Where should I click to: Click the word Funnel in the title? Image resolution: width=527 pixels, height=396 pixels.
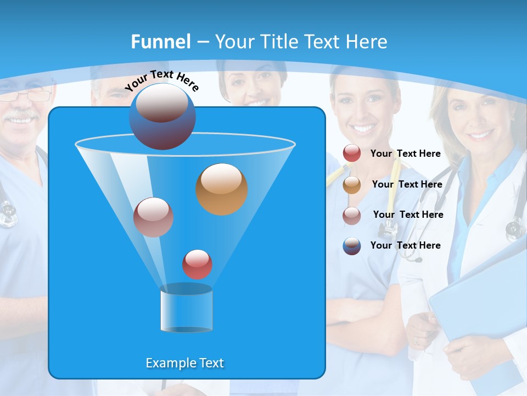(160, 42)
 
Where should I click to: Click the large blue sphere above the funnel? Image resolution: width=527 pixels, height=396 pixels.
(162, 117)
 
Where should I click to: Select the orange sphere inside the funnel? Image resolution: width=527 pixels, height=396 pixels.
(222, 189)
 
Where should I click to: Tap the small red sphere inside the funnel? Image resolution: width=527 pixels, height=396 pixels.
(197, 264)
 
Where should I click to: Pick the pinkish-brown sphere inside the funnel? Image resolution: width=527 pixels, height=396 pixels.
(153, 217)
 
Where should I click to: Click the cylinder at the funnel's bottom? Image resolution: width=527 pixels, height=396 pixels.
(186, 310)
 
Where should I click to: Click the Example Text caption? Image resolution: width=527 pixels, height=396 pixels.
(184, 363)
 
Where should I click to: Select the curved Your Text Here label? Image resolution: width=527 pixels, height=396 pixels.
(161, 81)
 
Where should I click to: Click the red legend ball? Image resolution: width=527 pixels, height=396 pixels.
(351, 153)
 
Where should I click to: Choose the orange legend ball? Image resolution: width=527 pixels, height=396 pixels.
(351, 185)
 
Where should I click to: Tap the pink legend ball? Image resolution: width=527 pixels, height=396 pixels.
(351, 216)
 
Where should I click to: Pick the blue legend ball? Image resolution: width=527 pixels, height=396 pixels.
(351, 246)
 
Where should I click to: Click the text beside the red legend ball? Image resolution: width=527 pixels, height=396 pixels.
(405, 153)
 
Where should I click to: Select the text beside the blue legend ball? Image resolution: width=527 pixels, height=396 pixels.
(405, 245)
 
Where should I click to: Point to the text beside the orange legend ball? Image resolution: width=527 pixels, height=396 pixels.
(407, 184)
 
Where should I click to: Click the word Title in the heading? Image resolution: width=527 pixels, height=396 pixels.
(279, 42)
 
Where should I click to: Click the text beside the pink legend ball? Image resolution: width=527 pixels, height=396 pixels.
(408, 215)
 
